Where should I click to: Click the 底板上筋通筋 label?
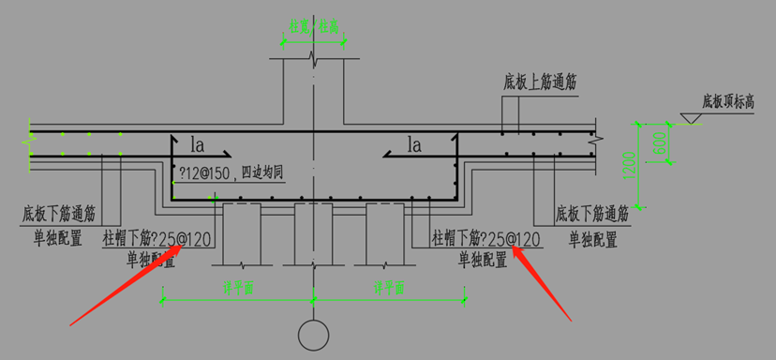(539, 82)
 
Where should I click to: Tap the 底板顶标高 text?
(724, 99)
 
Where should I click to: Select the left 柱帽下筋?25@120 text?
(157, 241)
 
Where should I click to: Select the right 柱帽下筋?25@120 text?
(485, 239)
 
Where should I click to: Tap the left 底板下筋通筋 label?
(65, 213)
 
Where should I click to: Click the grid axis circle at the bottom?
(313, 334)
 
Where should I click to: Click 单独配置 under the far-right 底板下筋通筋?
(593, 239)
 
